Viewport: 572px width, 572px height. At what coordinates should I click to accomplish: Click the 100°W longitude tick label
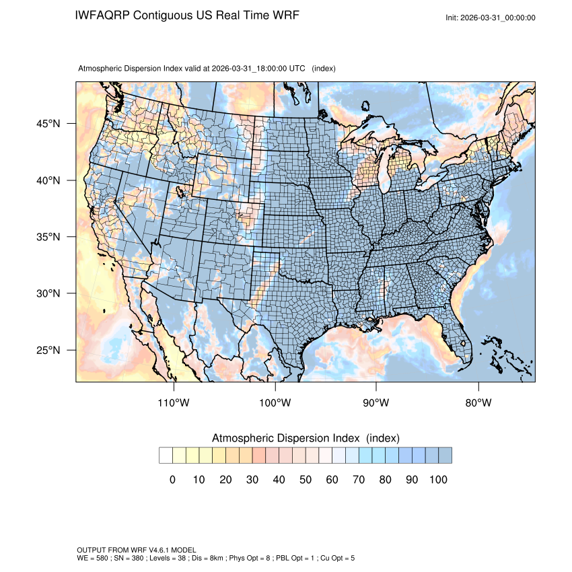tap(275, 403)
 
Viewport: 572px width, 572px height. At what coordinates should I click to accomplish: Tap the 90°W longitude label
tap(376, 403)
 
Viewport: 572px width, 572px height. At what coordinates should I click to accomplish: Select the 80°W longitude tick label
tap(478, 403)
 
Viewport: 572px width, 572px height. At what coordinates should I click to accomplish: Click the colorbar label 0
tap(172, 480)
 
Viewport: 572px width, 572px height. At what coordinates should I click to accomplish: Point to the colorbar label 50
tap(306, 480)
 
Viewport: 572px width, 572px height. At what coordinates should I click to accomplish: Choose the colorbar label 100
tap(437, 480)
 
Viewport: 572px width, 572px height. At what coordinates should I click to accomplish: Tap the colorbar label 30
tap(252, 480)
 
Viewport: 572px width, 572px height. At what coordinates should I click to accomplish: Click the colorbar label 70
tap(359, 480)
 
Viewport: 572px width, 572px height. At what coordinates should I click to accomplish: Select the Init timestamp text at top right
tap(491, 17)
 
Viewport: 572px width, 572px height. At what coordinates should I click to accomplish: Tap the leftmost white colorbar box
tap(166, 456)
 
